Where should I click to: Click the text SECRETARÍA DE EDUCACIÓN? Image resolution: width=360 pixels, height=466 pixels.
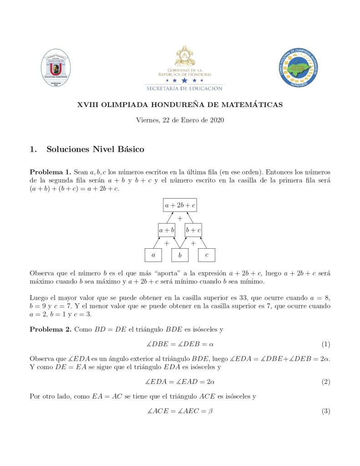(184, 88)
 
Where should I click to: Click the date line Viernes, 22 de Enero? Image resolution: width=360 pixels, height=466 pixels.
(180, 120)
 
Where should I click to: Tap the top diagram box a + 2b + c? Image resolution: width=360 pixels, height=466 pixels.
(180, 205)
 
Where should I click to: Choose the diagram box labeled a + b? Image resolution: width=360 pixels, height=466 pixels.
(167, 230)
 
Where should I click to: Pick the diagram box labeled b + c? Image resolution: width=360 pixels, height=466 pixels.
(193, 230)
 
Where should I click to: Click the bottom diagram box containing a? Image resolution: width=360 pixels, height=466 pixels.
(153, 256)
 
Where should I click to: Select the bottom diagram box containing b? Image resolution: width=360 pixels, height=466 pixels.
(180, 256)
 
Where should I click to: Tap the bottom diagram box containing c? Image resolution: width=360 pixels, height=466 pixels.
(207, 256)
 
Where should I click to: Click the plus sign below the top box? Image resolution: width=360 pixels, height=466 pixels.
(180, 219)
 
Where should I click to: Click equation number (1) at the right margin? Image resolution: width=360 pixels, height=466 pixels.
(325, 344)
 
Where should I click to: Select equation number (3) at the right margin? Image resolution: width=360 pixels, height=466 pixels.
(325, 411)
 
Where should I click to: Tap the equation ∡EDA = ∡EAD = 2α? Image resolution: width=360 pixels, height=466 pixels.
(180, 382)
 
